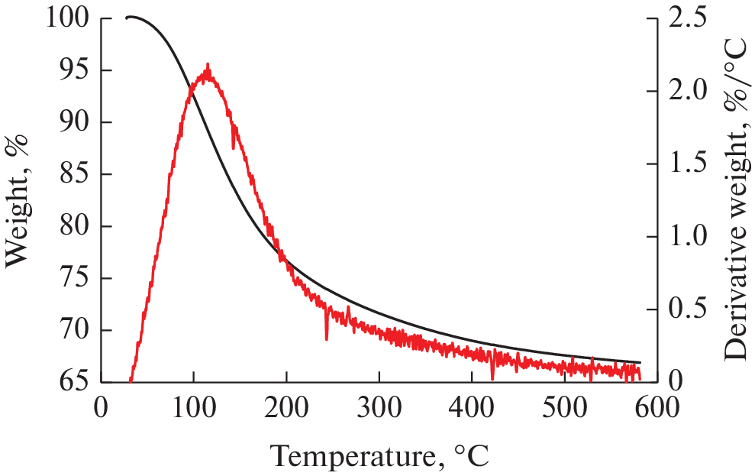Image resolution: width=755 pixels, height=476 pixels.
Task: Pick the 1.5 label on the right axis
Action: [x=683, y=164]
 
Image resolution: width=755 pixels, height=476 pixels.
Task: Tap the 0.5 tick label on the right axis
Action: [x=683, y=309]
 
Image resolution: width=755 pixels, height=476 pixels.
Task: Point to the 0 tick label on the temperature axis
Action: [x=101, y=408]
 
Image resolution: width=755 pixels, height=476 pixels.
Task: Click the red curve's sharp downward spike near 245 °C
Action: [x=327, y=338]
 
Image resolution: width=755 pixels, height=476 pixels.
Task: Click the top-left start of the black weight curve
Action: [x=127, y=17]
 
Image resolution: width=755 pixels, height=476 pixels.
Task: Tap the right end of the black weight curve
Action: [x=640, y=362]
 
